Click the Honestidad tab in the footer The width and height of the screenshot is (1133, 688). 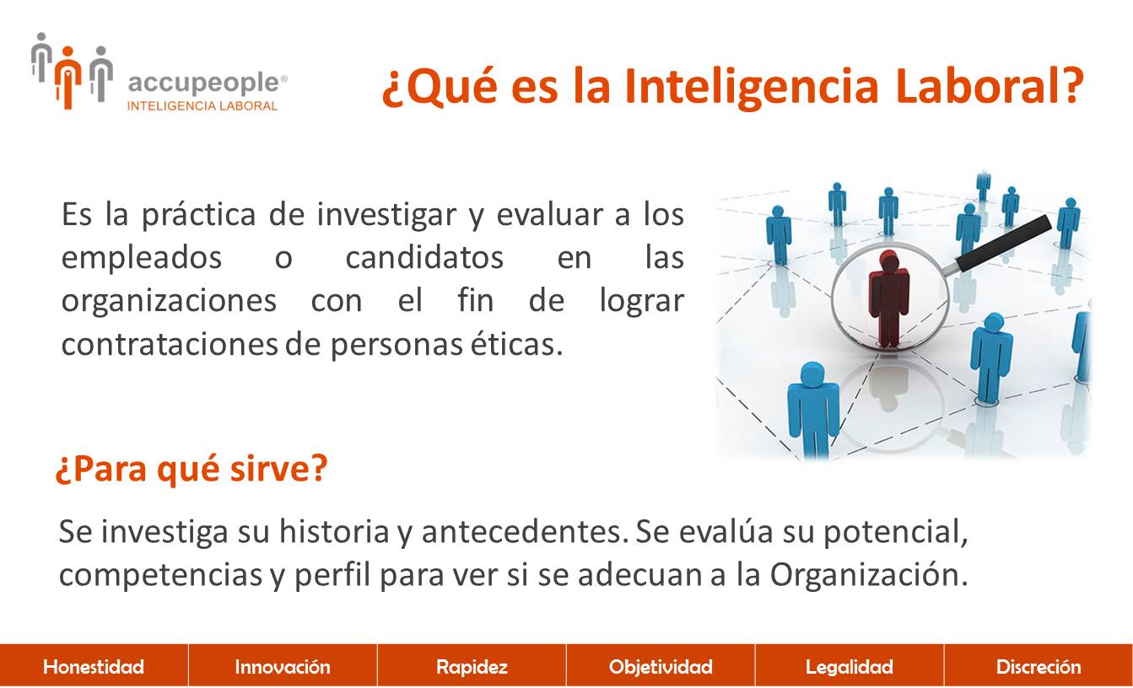click(94, 667)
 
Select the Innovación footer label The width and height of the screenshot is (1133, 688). click(283, 667)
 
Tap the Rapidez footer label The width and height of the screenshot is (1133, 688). click(472, 667)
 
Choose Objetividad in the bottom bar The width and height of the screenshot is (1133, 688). click(661, 667)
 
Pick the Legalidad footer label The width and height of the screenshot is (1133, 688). click(850, 667)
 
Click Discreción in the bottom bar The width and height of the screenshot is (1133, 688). click(1039, 667)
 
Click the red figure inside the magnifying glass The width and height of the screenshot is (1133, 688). click(888, 299)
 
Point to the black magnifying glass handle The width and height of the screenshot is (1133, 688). click(1004, 243)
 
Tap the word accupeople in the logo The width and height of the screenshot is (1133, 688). click(204, 83)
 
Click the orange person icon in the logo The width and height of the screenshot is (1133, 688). click(68, 78)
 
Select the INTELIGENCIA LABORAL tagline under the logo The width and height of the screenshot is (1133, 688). click(202, 106)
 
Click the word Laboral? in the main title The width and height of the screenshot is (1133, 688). click(990, 86)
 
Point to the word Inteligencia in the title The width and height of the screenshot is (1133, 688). click(752, 87)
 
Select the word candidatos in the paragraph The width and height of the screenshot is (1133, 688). click(424, 257)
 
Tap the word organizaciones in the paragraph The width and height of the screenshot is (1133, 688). click(169, 302)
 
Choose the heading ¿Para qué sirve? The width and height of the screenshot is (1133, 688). click(192, 470)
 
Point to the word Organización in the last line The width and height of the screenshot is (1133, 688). click(869, 575)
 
